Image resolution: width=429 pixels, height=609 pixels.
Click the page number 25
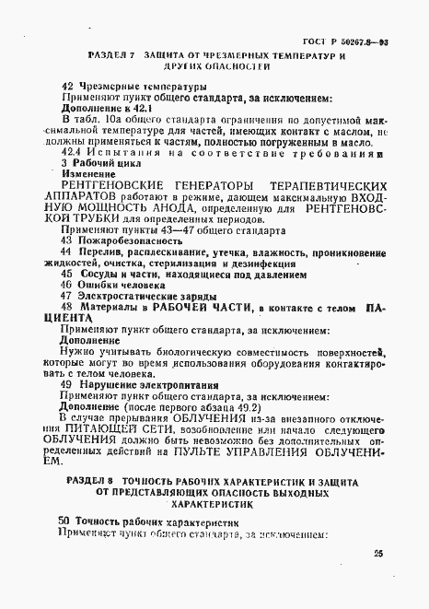(378, 553)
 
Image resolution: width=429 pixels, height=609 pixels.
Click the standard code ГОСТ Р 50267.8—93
(345, 42)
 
